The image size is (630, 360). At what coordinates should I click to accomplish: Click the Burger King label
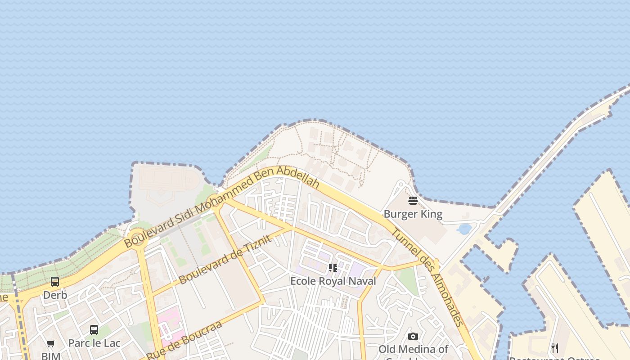[x=413, y=214]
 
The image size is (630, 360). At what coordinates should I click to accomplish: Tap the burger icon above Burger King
[x=413, y=201]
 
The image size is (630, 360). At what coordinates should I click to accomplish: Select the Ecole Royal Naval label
[x=333, y=281]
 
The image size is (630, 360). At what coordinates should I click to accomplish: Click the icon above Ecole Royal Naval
[x=333, y=268]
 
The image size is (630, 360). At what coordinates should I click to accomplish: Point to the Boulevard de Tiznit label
[x=225, y=259]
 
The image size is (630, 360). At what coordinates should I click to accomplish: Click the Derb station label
[x=55, y=295]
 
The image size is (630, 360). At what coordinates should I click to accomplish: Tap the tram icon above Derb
[x=55, y=282]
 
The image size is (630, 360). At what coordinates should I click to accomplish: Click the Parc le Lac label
[x=94, y=343]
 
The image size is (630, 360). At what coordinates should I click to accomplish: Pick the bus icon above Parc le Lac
[x=94, y=330]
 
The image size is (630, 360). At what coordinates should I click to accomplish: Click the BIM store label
[x=50, y=356]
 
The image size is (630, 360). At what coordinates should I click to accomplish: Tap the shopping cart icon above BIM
[x=50, y=344]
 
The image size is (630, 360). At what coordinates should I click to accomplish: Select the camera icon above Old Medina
[x=413, y=337]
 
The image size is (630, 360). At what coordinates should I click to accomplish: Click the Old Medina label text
[x=413, y=350]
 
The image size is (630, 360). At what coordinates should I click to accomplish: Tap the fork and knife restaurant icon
[x=554, y=348]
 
